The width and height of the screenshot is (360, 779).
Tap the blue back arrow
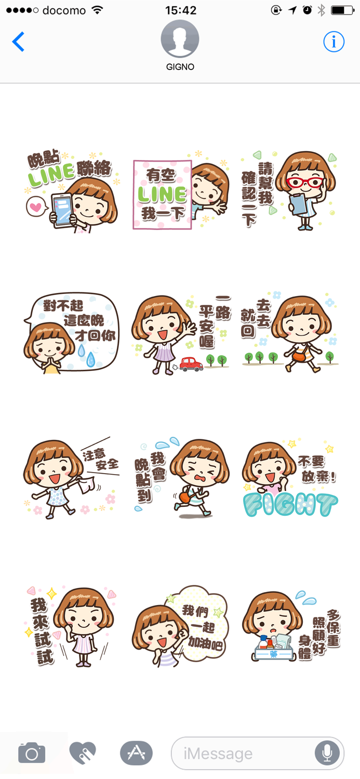[x=18, y=42]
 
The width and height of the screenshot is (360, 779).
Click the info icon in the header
[x=334, y=42]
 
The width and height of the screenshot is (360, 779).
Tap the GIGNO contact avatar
[x=180, y=39]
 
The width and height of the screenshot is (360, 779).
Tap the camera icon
[x=32, y=753]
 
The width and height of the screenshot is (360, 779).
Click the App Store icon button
[x=136, y=753]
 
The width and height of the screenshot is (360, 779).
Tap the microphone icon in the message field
[x=327, y=753]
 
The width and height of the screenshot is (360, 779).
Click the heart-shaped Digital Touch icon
[x=83, y=753]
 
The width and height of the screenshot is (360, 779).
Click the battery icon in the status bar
[x=342, y=10]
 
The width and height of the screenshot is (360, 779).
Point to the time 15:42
[x=180, y=10]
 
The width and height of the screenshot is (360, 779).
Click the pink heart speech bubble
[x=36, y=207]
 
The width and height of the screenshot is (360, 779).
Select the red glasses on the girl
[x=304, y=183]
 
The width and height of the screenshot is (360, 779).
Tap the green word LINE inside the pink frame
[x=162, y=195]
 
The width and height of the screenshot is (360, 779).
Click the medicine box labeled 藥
[x=274, y=648]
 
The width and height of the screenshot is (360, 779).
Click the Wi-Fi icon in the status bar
[x=97, y=10]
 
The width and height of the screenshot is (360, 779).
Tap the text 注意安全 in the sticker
[x=100, y=459]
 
